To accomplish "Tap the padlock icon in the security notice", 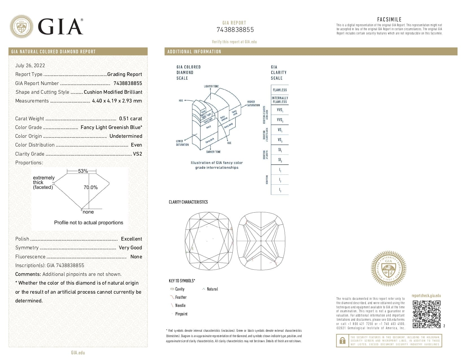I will point(343,341).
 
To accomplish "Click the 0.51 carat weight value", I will point(130,119).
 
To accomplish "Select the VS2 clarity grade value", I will point(137,154).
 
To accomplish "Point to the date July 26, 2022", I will point(30,66).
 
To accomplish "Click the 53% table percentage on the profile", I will point(83,171).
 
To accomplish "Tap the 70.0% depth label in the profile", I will point(91,187).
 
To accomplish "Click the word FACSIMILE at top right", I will point(389,19).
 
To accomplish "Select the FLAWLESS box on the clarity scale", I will point(280,90).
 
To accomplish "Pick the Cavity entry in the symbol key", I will point(180,289).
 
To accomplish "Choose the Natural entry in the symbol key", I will point(212,289).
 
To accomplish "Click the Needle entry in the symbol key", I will point(180,306).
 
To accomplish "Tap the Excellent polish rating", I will point(131,239).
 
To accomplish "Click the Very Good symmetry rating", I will point(130,248).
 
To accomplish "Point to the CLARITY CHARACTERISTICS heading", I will point(188,202).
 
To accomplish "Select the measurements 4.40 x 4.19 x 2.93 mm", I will point(117,101).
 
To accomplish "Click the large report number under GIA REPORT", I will point(235,30).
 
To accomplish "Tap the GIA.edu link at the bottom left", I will point(78,353).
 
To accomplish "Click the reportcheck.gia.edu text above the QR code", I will point(426,296).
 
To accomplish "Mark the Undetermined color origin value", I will point(126,136).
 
